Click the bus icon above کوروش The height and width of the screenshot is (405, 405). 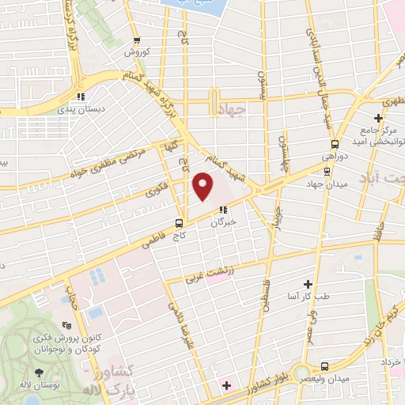point(137,40)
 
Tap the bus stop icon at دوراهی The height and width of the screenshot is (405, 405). point(335,144)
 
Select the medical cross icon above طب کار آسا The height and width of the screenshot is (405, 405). point(308,283)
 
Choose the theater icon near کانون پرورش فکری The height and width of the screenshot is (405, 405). point(67,324)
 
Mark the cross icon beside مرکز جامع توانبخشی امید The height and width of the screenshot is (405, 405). point(378,118)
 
